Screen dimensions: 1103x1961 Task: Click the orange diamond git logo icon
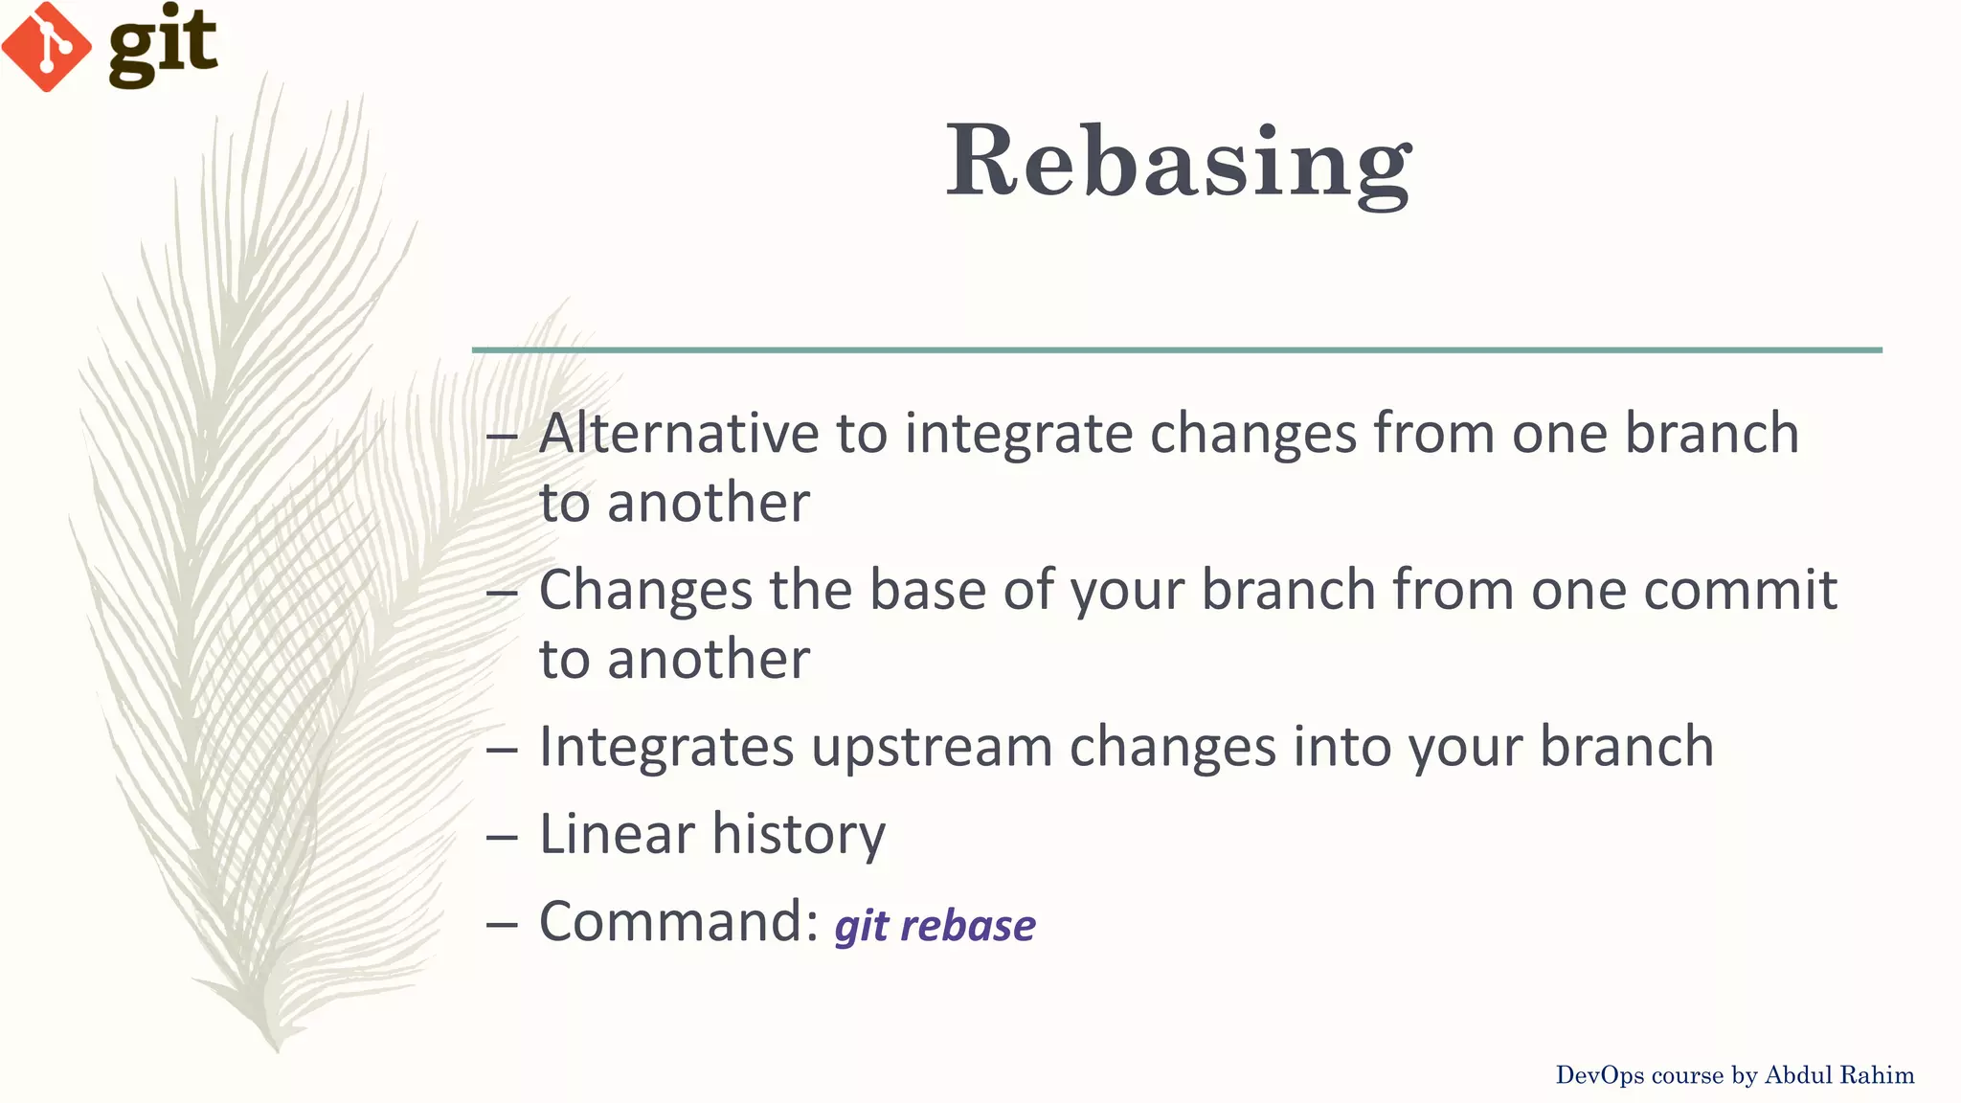[x=46, y=46]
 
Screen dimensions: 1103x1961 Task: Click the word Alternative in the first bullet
[x=679, y=433]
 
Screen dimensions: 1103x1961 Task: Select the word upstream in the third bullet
[x=931, y=748]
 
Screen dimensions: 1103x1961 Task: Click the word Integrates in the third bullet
[x=666, y=748]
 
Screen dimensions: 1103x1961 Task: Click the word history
[x=799, y=835]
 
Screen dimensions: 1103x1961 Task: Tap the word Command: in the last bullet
[x=679, y=922]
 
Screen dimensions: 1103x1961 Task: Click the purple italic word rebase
[x=968, y=926]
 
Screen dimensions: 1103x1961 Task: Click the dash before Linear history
[x=502, y=837]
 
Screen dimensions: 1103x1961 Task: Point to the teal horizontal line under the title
[x=1177, y=350]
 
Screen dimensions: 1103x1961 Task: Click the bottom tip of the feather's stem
[x=277, y=1049]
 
